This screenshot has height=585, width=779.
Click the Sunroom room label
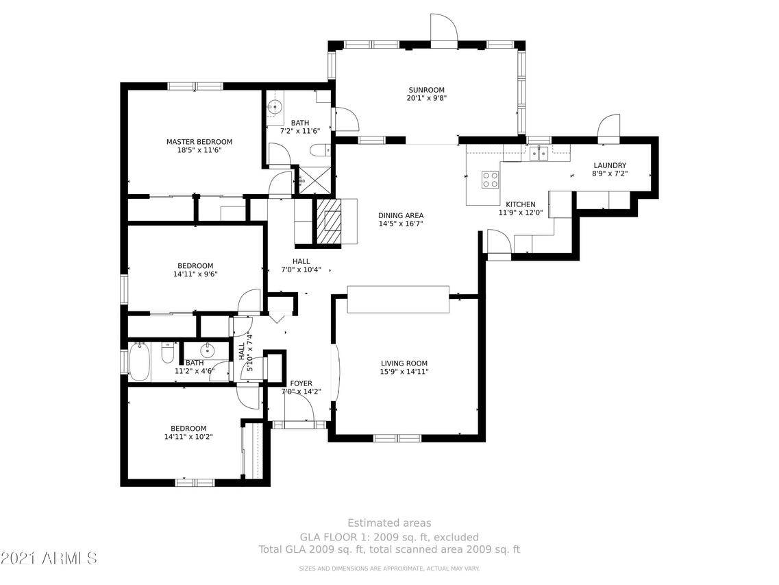point(426,90)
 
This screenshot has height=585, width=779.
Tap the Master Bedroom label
point(199,142)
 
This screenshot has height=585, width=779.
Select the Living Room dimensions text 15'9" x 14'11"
point(404,372)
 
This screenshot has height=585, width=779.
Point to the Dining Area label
point(401,215)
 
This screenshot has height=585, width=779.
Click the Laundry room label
point(610,165)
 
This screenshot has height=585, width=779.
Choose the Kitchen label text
point(521,204)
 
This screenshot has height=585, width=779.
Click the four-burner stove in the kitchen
point(491,180)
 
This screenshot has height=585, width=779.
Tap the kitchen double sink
point(538,154)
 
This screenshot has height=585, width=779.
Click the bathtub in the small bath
point(138,361)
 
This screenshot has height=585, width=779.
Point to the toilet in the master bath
point(320,150)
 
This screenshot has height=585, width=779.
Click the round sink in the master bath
point(274,106)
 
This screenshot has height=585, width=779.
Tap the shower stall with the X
point(314,180)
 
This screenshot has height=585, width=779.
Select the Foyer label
point(301,383)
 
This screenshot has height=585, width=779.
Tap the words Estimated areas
point(389,523)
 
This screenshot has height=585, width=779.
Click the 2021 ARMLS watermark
point(49,558)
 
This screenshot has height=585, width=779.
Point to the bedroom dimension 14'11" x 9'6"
point(195,274)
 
